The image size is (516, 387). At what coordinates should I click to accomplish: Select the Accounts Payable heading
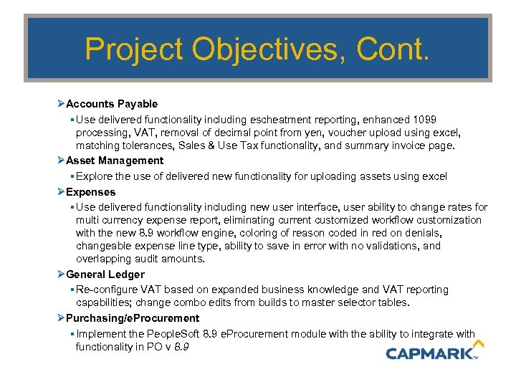click(x=112, y=104)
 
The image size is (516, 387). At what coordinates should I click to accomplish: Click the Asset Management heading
click(x=115, y=161)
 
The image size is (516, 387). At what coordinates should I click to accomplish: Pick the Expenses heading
click(x=90, y=192)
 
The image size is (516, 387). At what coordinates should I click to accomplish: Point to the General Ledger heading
click(x=105, y=274)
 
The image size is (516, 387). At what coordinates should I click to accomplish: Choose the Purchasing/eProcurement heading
click(x=133, y=317)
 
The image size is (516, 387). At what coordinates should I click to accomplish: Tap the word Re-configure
click(x=105, y=290)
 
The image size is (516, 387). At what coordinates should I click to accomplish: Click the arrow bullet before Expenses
click(x=61, y=192)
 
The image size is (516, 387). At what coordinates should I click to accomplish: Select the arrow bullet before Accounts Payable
click(x=61, y=104)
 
